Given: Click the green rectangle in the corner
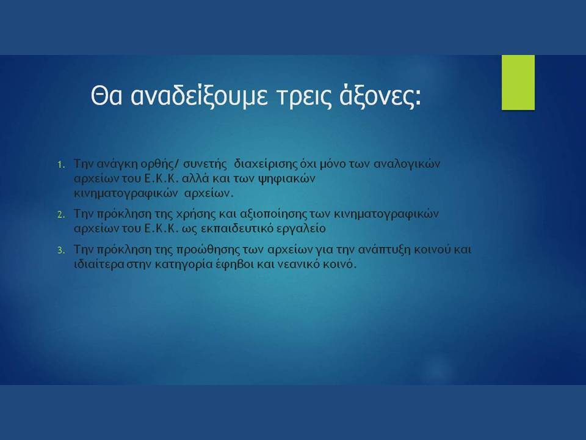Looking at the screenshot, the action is (x=518, y=82).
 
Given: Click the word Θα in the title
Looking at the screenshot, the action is (x=106, y=96).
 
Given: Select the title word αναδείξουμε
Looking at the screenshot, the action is (x=199, y=97).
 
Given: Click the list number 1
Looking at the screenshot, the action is (x=61, y=164).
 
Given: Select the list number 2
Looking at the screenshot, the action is (x=61, y=215).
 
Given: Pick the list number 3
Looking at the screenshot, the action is (x=61, y=251).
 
